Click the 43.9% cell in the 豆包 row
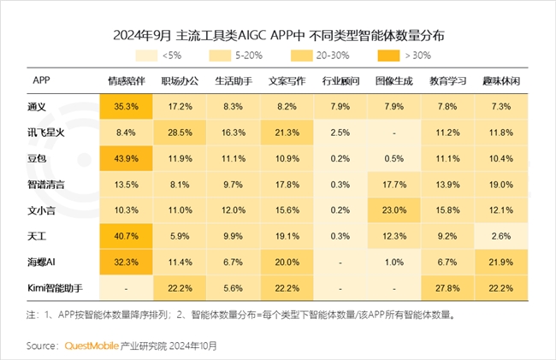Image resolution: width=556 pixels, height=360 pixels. (x=126, y=159)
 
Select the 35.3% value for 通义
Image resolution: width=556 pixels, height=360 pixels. (x=126, y=107)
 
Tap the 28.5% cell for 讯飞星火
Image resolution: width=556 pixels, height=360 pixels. (x=179, y=133)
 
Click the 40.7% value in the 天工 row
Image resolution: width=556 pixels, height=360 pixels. (x=126, y=237)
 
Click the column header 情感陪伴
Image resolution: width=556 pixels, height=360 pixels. (x=126, y=81)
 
